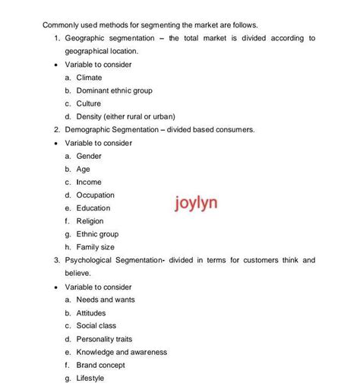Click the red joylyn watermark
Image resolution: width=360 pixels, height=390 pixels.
pyautogui.click(x=195, y=204)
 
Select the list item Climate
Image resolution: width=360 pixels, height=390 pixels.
pyautogui.click(x=89, y=78)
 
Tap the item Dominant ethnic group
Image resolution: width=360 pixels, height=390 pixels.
pyautogui.click(x=114, y=90)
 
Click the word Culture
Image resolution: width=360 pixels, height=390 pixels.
pyautogui.click(x=89, y=103)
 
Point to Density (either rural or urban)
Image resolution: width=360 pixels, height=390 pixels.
pyautogui.click(x=125, y=116)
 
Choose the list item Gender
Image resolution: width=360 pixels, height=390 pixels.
pyautogui.click(x=89, y=156)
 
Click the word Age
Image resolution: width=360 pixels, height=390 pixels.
pyautogui.click(x=84, y=169)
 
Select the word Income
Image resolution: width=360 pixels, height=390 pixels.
pyautogui.click(x=89, y=182)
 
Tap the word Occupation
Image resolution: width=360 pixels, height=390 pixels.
pyautogui.click(x=95, y=195)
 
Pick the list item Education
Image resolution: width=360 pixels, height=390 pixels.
pyautogui.click(x=93, y=208)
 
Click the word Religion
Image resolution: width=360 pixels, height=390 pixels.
pyautogui.click(x=90, y=221)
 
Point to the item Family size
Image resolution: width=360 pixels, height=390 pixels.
pyautogui.click(x=96, y=247)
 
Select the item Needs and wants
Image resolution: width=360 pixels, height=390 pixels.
pyautogui.click(x=106, y=300)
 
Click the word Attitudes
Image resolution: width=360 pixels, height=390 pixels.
pyautogui.click(x=91, y=312)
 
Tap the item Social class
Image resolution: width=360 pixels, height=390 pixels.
pyautogui.click(x=96, y=325)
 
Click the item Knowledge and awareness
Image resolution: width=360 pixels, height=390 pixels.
pyautogui.click(x=122, y=352)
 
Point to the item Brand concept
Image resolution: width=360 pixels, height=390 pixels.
pyautogui.click(x=102, y=365)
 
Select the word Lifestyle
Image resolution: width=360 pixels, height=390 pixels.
pyautogui.click(x=90, y=378)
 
